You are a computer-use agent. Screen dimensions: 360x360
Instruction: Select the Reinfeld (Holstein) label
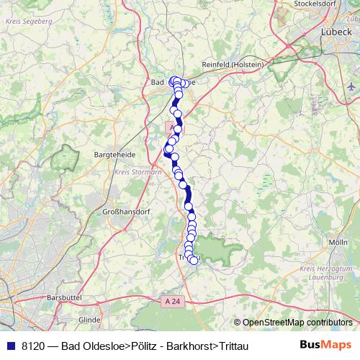[234, 64]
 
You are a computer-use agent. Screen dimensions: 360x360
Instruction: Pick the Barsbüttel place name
[46, 297]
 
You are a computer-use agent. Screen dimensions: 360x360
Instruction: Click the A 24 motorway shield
[170, 300]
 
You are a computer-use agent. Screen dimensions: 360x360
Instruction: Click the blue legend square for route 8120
[9, 346]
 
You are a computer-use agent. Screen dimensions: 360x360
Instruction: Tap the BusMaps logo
[325, 345]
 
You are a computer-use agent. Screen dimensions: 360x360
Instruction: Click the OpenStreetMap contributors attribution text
[297, 323]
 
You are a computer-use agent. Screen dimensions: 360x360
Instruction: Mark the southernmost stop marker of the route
[193, 261]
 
